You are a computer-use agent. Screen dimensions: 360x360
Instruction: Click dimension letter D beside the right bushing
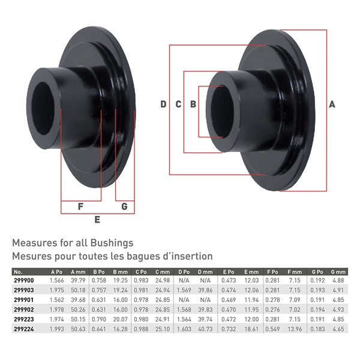tap(163, 104)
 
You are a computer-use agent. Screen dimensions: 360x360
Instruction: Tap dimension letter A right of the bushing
tap(332, 104)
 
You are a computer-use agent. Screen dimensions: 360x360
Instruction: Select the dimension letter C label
tap(178, 104)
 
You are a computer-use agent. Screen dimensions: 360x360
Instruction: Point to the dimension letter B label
tap(193, 104)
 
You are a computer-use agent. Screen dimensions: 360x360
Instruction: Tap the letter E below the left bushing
tap(97, 220)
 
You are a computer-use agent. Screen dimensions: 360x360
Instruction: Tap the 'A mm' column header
tap(78, 272)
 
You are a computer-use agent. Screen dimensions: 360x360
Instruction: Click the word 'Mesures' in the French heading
tap(32, 256)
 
